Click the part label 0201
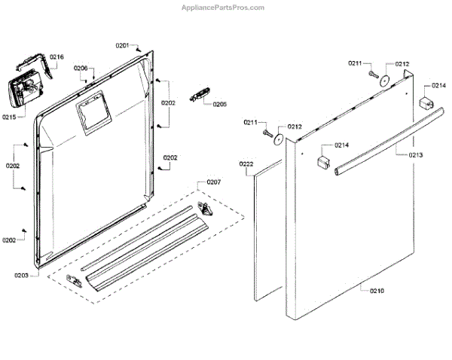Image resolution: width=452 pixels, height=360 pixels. pyautogui.click(x=123, y=46)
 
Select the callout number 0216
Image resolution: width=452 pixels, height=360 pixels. pyautogui.click(x=57, y=57)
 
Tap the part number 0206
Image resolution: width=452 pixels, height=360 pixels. pyautogui.click(x=81, y=69)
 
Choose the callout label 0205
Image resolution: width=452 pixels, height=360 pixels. pyautogui.click(x=220, y=104)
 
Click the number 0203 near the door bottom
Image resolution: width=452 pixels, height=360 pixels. pyautogui.click(x=21, y=275)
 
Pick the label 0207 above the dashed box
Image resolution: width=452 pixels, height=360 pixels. pyautogui.click(x=214, y=183)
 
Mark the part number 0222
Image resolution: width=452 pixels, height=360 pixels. pyautogui.click(x=246, y=163)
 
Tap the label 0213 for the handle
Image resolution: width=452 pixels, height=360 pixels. pyautogui.click(x=416, y=155)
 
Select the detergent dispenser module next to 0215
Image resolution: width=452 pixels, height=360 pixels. pyautogui.click(x=25, y=93)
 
